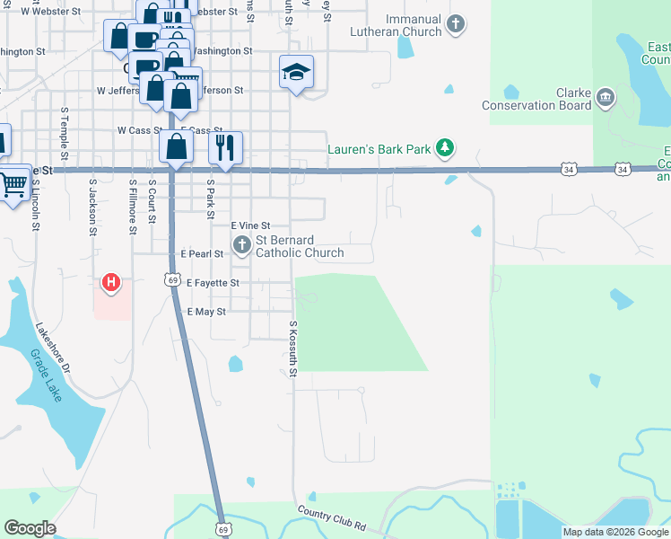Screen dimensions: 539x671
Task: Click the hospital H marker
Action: coord(111,283)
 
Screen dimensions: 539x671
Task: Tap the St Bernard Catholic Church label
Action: coord(300,246)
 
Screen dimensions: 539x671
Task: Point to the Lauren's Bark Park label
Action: coord(379,149)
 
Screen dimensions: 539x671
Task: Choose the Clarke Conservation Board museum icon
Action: coord(606,96)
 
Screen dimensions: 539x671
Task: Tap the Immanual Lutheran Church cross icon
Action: coord(456,23)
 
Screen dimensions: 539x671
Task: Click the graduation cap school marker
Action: coord(296,72)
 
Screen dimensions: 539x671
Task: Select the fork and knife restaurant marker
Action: coord(225,146)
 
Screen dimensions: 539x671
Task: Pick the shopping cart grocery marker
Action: coord(13,186)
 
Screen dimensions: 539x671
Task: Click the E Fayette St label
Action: coord(213,283)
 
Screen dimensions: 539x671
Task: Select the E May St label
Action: coord(205,311)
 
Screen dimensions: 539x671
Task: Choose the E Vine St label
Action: coord(250,225)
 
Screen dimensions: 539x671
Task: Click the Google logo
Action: coord(30,528)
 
